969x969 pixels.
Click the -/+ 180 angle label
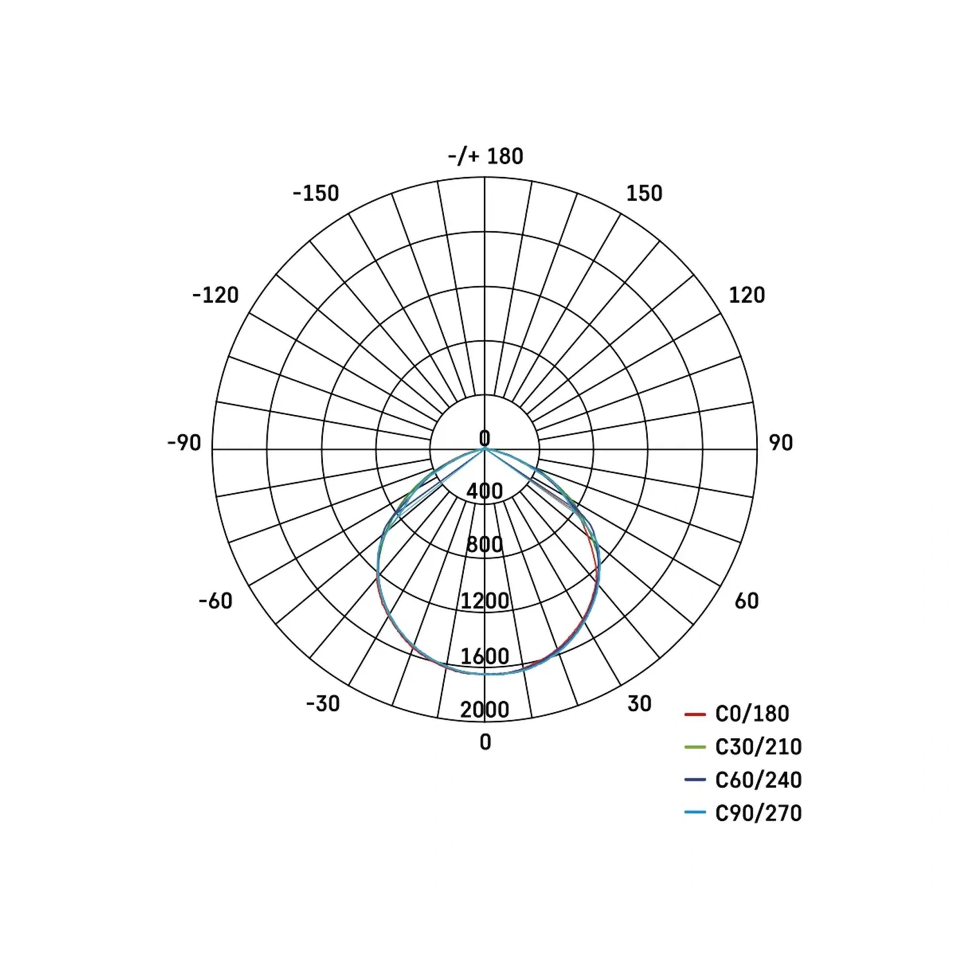coord(485,156)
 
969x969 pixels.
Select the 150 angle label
coord(644,194)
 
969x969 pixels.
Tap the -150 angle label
coord(316,194)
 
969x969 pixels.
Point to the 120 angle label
coord(746,296)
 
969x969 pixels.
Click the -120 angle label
coord(216,296)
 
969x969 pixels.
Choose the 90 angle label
coord(781,443)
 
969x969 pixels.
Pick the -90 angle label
coord(184,443)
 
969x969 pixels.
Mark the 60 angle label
coord(746,601)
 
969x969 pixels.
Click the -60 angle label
coord(216,601)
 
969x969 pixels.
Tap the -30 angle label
coord(323,703)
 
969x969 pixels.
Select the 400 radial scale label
coord(484,491)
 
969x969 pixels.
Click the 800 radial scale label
coord(484,545)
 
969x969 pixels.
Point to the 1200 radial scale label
coord(484,601)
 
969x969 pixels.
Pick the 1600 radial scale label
coord(484,656)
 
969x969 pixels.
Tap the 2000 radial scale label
coord(484,710)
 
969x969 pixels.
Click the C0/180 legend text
coord(752,714)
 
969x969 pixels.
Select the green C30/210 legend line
coord(695,747)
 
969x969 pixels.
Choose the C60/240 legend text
coord(758,780)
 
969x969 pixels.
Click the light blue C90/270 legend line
coord(695,813)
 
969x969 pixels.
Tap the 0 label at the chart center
coord(484,438)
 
